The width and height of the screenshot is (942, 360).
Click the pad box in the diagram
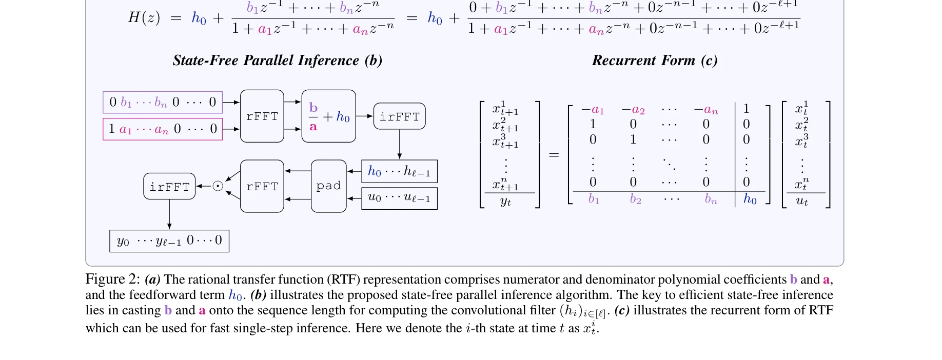pos(328,186)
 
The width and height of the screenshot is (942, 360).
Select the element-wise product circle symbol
pos(218,186)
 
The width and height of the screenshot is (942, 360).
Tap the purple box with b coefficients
pos(163,103)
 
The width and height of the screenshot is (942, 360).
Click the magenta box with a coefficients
pos(163,129)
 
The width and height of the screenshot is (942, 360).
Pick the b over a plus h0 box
pos(328,116)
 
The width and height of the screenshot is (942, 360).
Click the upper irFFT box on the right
pos(399,116)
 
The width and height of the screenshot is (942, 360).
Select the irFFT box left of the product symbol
pos(169,187)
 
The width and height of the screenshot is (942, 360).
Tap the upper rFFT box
pos(262,116)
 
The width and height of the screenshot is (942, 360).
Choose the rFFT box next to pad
pos(262,186)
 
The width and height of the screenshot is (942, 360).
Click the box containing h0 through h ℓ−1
pos(399,171)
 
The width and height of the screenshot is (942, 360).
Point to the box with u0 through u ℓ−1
pos(399,198)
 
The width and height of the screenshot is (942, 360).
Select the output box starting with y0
pos(169,241)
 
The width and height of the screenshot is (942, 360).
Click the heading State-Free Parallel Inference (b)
pos(278,61)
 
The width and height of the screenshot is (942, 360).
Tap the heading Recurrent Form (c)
pos(655,61)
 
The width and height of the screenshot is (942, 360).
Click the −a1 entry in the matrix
pos(593,110)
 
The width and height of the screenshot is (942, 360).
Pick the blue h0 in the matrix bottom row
pos(750,199)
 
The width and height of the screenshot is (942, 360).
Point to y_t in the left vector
pos(505,202)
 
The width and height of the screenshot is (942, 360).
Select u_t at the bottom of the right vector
pos(802,201)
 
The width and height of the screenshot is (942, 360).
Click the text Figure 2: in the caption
pos(112,279)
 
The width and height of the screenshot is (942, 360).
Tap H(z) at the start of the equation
pos(144,18)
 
